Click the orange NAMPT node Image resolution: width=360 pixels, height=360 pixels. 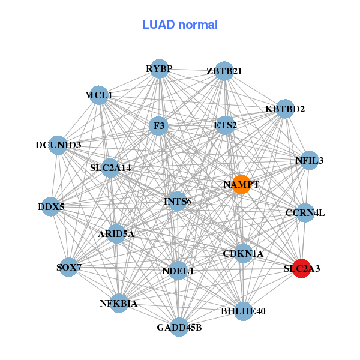(x=241, y=184)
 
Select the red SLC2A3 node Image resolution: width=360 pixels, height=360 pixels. (x=302, y=268)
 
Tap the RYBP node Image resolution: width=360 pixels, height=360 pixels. (x=160, y=68)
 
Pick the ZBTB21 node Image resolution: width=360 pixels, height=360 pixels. (x=224, y=71)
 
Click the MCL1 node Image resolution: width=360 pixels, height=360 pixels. (x=99, y=95)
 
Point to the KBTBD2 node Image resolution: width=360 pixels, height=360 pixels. (x=285, y=109)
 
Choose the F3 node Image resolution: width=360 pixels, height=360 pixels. (x=159, y=126)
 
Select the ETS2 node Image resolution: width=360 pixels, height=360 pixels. (x=225, y=125)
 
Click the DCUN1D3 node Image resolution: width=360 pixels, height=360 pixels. (x=58, y=145)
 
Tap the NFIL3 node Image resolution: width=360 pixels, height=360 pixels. (x=309, y=160)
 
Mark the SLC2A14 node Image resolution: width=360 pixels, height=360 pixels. (x=110, y=168)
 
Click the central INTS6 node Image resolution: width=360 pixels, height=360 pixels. (x=178, y=202)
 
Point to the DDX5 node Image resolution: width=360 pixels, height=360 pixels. (x=51, y=206)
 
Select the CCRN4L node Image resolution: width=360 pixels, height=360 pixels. (x=305, y=213)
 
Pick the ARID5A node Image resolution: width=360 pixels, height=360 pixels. (x=116, y=234)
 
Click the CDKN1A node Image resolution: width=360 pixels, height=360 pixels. (x=243, y=254)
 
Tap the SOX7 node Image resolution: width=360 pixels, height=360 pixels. (x=69, y=267)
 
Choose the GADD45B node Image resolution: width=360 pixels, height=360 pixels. (x=179, y=327)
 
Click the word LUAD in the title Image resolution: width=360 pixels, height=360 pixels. (x=158, y=25)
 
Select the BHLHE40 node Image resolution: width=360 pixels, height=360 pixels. (x=244, y=311)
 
